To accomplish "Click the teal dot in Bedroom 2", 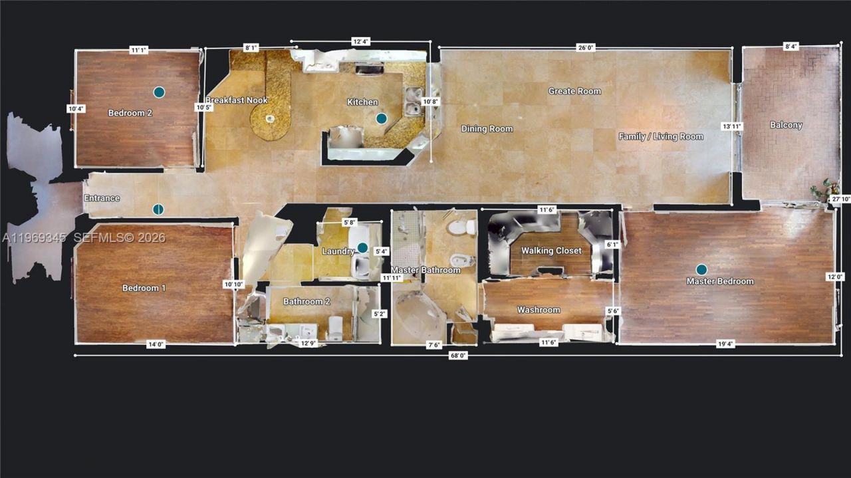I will (x=159, y=92).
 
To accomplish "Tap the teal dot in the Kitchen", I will (x=381, y=118).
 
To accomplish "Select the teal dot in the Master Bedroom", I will (x=701, y=269).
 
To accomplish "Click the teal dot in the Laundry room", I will (x=362, y=248).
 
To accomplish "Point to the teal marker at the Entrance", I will (x=158, y=209).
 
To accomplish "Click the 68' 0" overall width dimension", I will (x=459, y=356).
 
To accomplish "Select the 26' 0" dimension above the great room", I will (x=586, y=47).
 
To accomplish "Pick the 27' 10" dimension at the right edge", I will (x=840, y=199).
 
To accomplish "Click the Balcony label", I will (x=786, y=125).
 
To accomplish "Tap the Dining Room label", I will (x=487, y=129).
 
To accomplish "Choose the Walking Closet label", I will (x=551, y=251).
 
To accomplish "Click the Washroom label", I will (x=539, y=310).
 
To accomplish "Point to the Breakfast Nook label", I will (x=236, y=100).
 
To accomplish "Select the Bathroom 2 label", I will (x=306, y=301).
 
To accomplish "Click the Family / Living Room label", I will (x=661, y=136).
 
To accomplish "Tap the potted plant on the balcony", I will (x=822, y=189).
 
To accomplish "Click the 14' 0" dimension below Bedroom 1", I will (x=156, y=344).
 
